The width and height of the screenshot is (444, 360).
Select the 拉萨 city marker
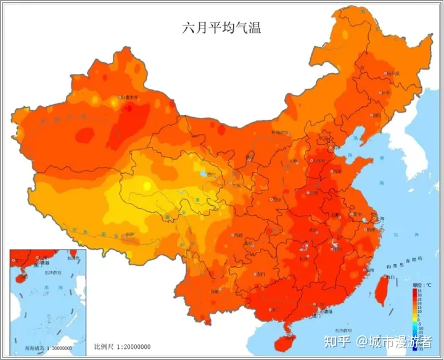click(128, 235)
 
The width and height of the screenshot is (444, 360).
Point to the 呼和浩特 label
click(279, 133)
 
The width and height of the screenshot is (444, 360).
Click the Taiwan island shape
click(381, 289)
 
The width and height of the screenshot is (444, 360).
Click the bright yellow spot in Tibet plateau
click(147, 185)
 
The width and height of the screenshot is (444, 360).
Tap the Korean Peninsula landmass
click(410, 145)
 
